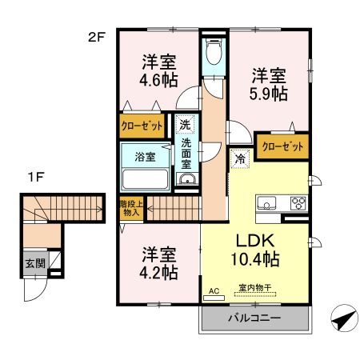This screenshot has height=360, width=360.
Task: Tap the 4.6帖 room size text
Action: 159,80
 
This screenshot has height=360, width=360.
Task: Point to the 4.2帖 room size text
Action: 159,272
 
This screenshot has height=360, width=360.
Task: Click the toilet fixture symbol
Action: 213,56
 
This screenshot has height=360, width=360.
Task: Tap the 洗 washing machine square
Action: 185,124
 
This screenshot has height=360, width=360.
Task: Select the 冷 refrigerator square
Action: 240,159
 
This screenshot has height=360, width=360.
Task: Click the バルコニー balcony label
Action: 254,318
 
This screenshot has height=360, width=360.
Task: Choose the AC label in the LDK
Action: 214,290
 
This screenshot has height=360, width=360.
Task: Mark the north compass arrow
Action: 342,318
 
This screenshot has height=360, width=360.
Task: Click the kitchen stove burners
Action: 298,202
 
